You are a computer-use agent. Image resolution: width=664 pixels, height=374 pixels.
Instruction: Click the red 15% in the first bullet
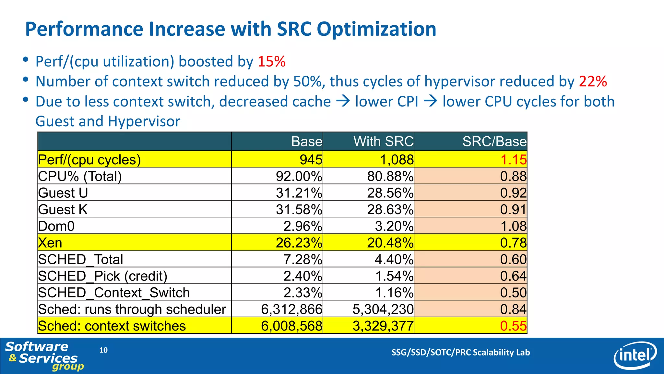tap(271, 61)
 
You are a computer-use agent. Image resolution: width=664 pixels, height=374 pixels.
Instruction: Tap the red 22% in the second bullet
tap(593, 81)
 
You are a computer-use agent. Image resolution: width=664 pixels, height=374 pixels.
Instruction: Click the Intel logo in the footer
tap(634, 355)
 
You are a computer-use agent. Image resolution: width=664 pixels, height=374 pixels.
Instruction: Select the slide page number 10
tap(103, 350)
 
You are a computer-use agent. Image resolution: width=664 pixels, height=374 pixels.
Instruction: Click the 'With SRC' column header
tap(383, 142)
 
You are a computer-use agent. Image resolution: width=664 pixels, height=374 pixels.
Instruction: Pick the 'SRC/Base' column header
tap(494, 142)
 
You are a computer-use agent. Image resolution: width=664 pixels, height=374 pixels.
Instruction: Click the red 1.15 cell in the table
tap(513, 160)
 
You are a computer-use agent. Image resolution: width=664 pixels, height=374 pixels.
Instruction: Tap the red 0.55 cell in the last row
tap(513, 326)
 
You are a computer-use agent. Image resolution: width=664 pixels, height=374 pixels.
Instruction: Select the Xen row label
tap(50, 243)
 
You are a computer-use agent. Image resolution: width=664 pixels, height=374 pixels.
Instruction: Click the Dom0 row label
tap(56, 226)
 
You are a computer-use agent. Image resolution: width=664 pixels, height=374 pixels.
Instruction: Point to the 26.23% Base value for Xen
tap(299, 243)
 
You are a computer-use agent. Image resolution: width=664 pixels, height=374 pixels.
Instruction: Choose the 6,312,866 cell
tap(291, 309)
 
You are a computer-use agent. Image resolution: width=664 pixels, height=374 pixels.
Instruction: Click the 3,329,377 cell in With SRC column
tap(383, 326)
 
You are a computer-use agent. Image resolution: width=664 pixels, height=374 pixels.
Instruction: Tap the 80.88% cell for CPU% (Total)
tap(390, 176)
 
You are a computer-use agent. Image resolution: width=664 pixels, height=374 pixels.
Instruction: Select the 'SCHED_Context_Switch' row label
tap(114, 293)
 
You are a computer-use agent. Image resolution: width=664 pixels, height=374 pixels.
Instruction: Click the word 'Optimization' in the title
tap(376, 29)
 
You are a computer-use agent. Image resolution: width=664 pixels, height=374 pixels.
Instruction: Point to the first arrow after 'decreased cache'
tap(343, 101)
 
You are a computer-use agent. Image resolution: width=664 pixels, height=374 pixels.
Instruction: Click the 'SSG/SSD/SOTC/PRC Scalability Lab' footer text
tap(460, 352)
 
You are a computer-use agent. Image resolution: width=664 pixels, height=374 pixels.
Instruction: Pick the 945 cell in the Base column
tap(311, 160)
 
